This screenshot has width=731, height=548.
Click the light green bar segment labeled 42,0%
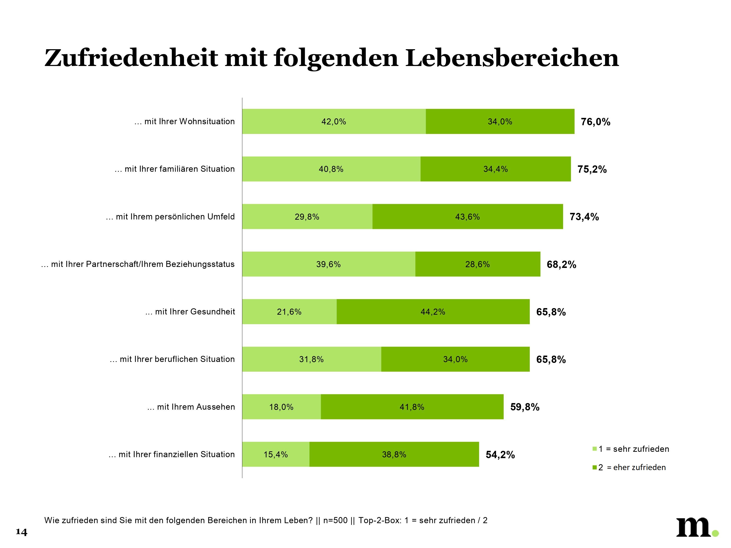pos(334,122)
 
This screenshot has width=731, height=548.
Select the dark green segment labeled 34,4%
pos(495,169)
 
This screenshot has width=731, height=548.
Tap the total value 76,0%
pos(596,122)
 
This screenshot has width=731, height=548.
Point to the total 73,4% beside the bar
pos(584,217)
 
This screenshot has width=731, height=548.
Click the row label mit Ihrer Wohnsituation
pos(185,122)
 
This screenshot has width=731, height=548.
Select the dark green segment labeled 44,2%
pos(433,312)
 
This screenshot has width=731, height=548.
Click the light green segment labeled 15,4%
pos(276,454)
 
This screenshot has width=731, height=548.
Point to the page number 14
pos(21,532)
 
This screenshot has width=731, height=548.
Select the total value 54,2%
pos(500,455)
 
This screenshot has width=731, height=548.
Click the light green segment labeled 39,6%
pos(328,264)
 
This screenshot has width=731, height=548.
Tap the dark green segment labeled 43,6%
pos(467,217)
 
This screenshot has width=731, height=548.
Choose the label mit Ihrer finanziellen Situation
pos(172,454)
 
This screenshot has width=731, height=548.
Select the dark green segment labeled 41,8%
pos(412,407)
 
